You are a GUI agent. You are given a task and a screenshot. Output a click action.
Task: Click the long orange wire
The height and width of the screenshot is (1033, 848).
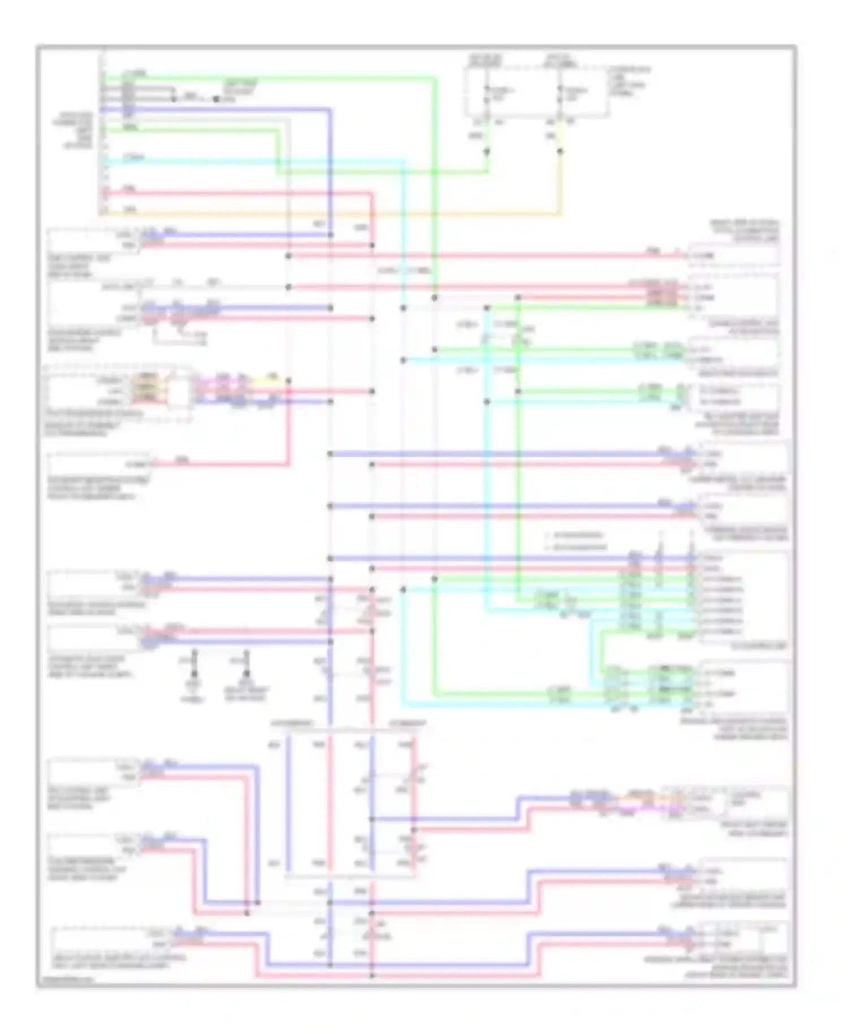point(339,214)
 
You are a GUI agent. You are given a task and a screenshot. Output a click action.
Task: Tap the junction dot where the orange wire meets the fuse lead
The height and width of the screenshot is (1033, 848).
point(560,151)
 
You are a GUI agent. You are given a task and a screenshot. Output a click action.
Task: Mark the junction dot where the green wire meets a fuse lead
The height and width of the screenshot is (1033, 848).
point(487,151)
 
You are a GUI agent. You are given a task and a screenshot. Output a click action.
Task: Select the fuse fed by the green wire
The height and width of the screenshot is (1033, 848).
point(487,96)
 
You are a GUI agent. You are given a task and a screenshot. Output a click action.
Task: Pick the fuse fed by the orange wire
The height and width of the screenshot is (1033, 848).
point(560,96)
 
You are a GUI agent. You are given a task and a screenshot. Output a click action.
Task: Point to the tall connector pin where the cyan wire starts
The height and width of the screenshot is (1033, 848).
point(103,162)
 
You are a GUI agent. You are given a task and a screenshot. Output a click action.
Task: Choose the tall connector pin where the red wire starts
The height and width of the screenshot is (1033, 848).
point(103,193)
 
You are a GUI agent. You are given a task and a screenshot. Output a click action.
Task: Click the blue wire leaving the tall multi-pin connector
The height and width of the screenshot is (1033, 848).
point(226,109)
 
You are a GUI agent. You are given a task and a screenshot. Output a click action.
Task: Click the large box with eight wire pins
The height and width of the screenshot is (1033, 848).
point(743,599)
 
